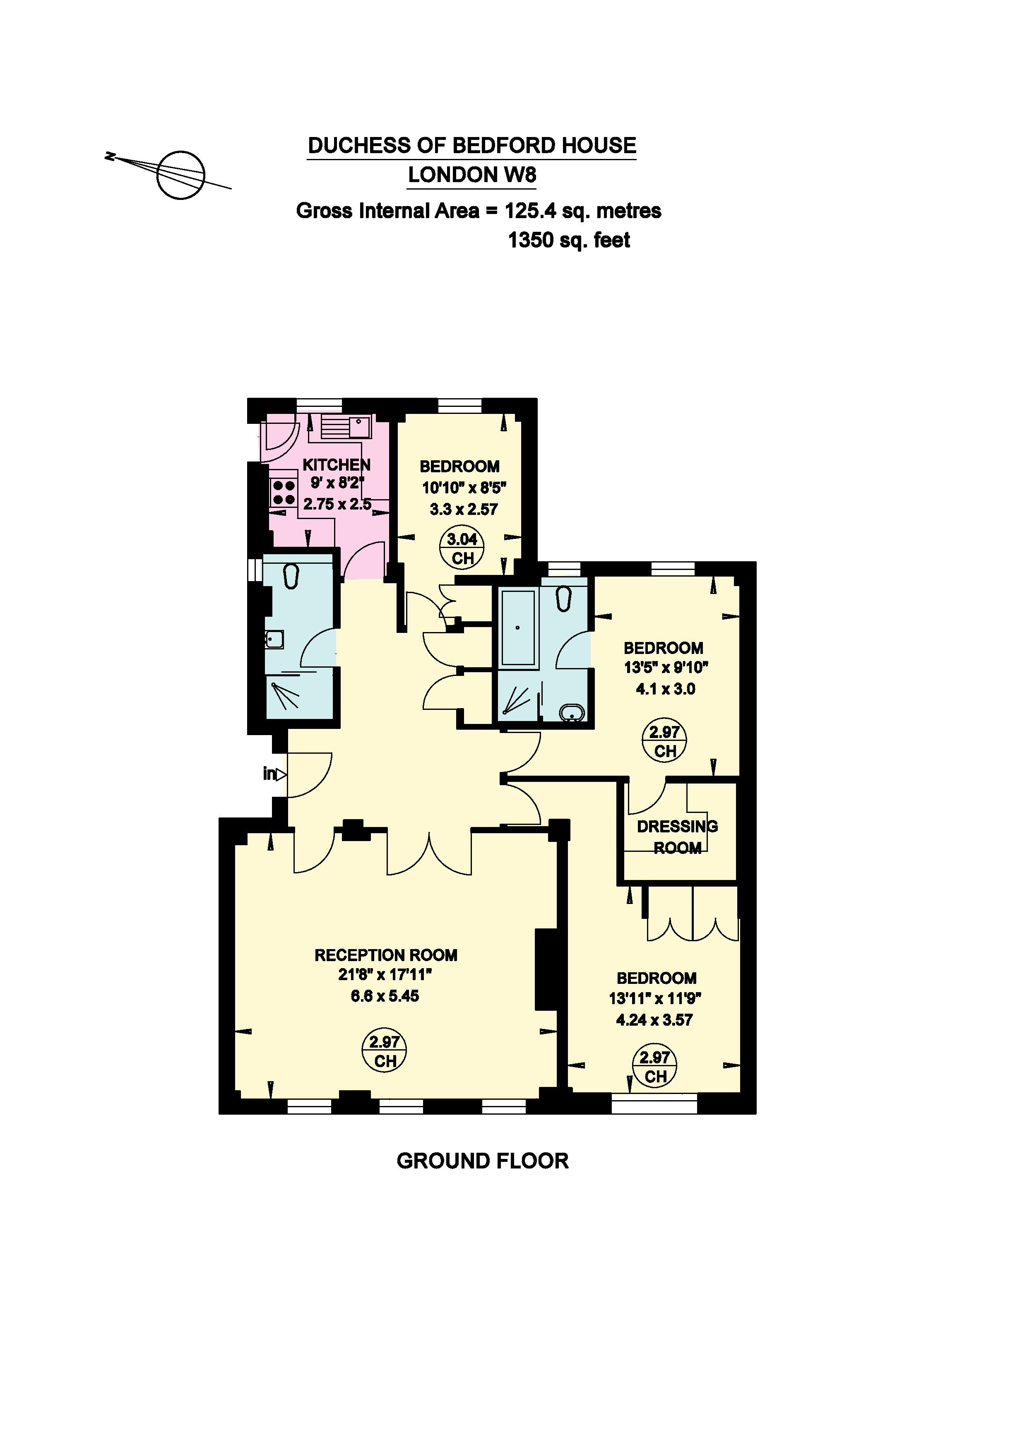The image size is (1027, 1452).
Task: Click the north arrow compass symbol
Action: (181, 175)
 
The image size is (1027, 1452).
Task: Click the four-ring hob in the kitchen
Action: (283, 493)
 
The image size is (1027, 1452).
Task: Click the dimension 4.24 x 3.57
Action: (654, 1020)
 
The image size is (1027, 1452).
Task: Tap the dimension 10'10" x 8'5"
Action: (464, 488)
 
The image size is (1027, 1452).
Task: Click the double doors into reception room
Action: (429, 853)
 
